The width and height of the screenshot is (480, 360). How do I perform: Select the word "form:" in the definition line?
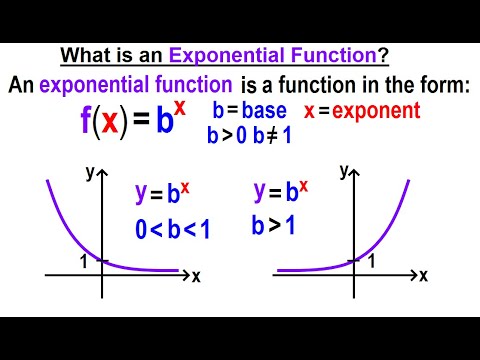[x=440, y=88]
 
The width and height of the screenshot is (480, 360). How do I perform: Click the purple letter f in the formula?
[x=86, y=122]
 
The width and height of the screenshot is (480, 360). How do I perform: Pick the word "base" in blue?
[x=264, y=111]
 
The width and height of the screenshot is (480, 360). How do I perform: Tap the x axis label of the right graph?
[x=423, y=274]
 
